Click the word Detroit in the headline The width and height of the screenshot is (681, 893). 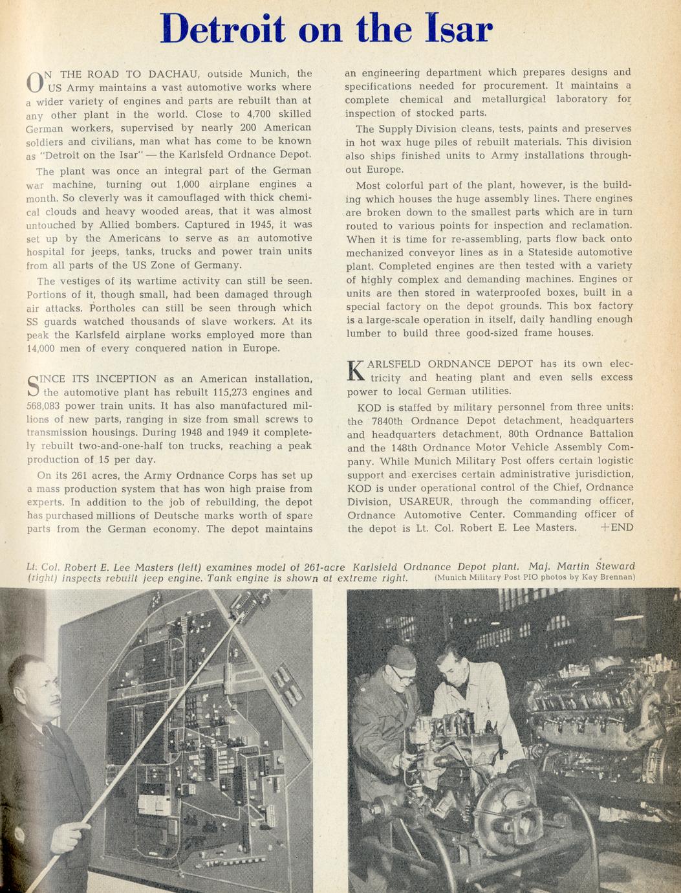click(x=222, y=29)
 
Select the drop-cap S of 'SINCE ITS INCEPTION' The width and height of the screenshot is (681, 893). click(x=34, y=386)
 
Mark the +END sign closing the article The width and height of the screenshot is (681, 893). click(x=616, y=527)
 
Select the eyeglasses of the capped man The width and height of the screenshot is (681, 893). click(x=402, y=674)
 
